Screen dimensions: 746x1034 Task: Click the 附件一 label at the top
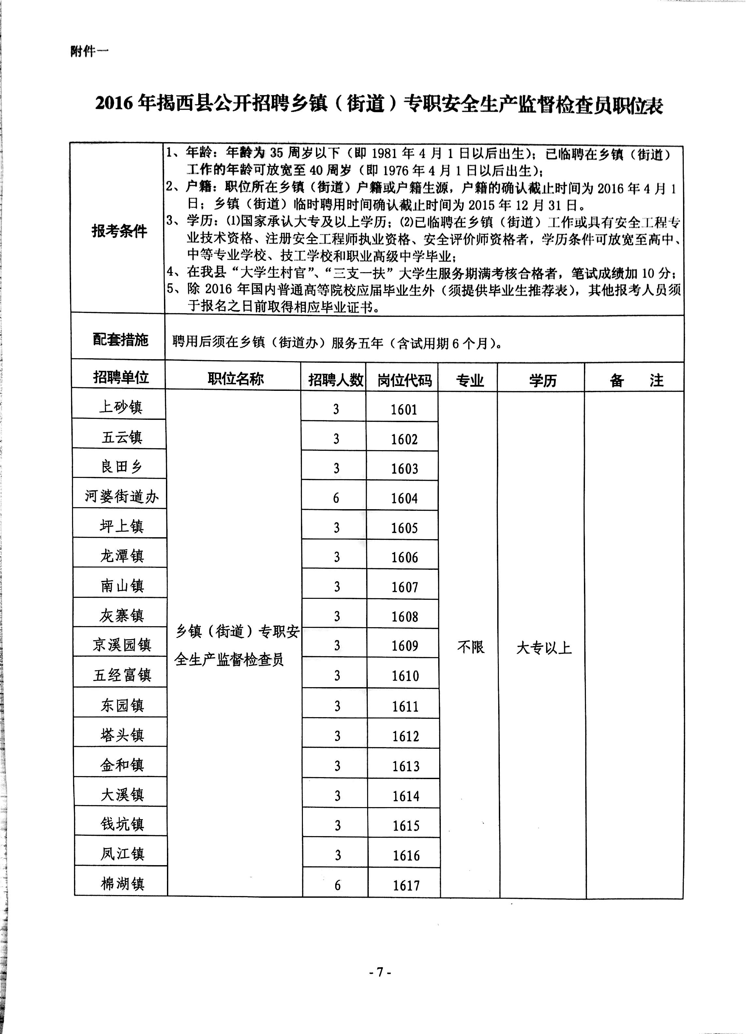tap(89, 52)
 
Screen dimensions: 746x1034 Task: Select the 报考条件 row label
tap(119, 231)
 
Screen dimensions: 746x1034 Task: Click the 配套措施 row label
tap(120, 340)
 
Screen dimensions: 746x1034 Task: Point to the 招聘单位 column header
tap(121, 377)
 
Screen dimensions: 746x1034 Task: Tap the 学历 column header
tap(543, 380)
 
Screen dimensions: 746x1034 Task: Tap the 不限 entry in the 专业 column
tap(470, 647)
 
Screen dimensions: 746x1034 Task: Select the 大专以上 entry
tap(544, 648)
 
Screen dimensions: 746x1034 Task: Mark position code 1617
tap(406, 885)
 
